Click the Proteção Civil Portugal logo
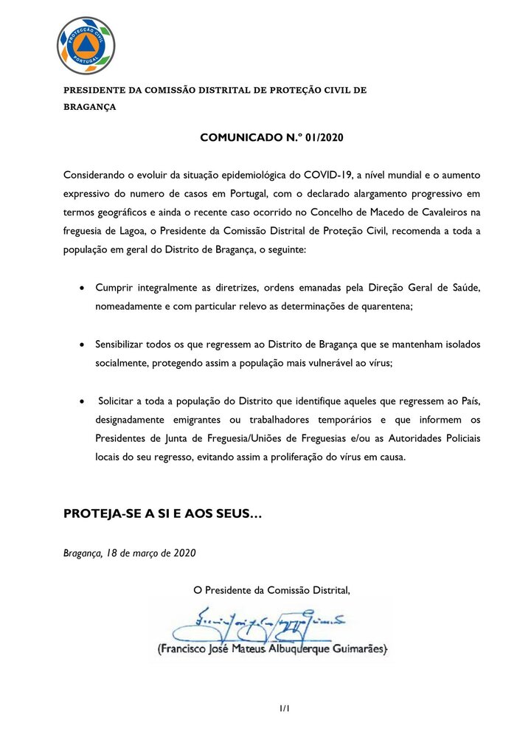pos(86,45)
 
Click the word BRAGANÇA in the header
pos(89,106)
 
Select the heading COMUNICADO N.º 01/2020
pos(273,138)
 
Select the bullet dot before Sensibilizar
pos(82,345)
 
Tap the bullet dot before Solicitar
pos(82,401)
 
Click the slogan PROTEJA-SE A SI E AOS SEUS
pos(162,513)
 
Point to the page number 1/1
pos(285,709)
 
